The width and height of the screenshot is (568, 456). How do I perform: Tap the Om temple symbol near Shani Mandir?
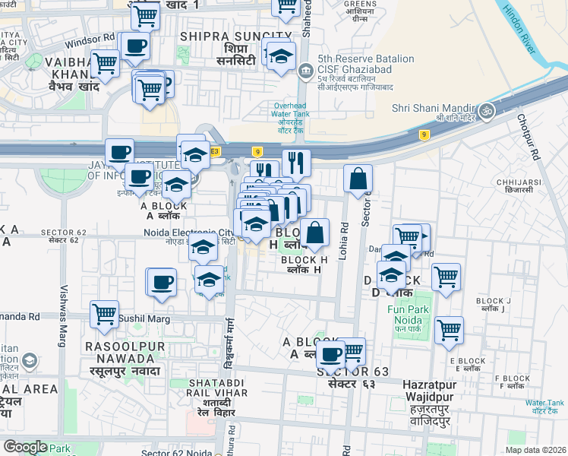point(487,111)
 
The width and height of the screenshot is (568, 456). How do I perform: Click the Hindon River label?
point(526,32)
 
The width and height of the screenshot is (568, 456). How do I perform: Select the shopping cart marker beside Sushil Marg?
point(104,312)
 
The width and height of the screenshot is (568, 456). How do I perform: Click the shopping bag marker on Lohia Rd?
point(358,179)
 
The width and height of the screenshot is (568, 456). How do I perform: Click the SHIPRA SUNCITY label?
point(236,36)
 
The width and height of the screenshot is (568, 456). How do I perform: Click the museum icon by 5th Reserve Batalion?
point(305,71)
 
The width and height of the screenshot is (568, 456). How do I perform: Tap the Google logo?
point(26,447)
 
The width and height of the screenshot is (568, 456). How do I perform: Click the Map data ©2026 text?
point(535,450)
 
